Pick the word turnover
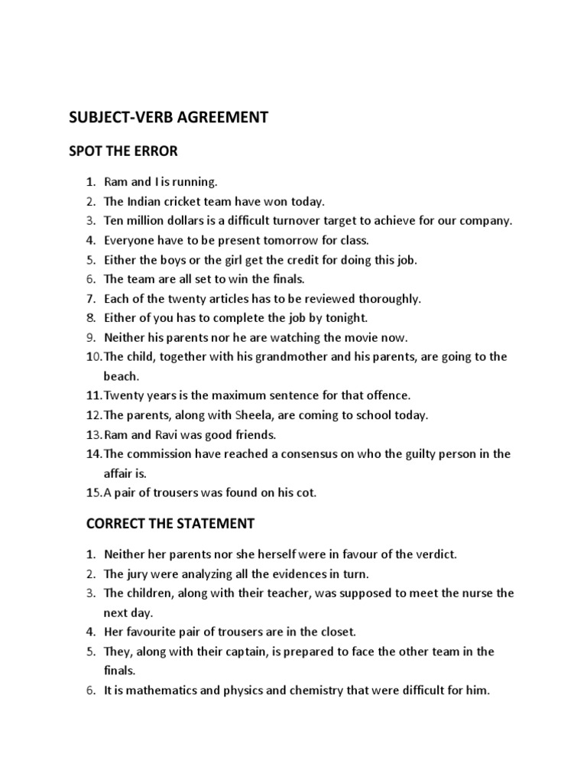tap(322, 221)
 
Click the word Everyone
tap(128, 240)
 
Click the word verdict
tap(433, 554)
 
